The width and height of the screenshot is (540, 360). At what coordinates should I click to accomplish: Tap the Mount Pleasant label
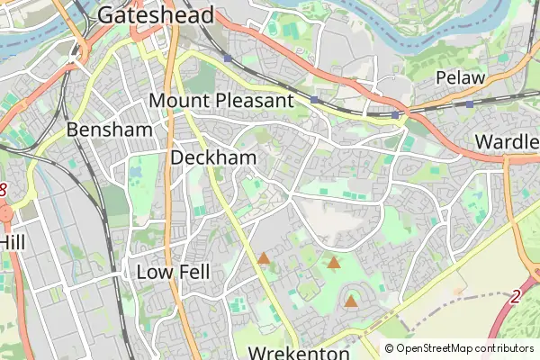tap(221, 101)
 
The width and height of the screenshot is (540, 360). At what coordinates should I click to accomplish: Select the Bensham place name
tap(105, 130)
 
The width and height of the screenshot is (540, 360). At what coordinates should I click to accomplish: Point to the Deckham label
tap(213, 158)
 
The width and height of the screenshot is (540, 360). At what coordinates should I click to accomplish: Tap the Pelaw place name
tap(461, 78)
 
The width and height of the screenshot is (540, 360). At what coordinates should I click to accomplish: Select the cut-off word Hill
tap(12, 243)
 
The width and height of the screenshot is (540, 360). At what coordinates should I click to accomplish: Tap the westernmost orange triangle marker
tap(264, 259)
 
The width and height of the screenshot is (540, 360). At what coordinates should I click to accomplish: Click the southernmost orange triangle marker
tap(350, 301)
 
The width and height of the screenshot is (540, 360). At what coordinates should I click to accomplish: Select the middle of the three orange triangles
tap(333, 263)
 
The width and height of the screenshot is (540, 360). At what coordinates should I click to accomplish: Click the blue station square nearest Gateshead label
tap(229, 58)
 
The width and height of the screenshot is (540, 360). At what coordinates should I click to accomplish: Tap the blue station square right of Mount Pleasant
tap(313, 99)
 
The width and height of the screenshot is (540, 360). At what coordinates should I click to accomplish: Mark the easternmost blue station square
tap(470, 104)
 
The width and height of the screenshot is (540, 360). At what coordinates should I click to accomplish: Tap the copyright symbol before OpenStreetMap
tap(390, 348)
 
